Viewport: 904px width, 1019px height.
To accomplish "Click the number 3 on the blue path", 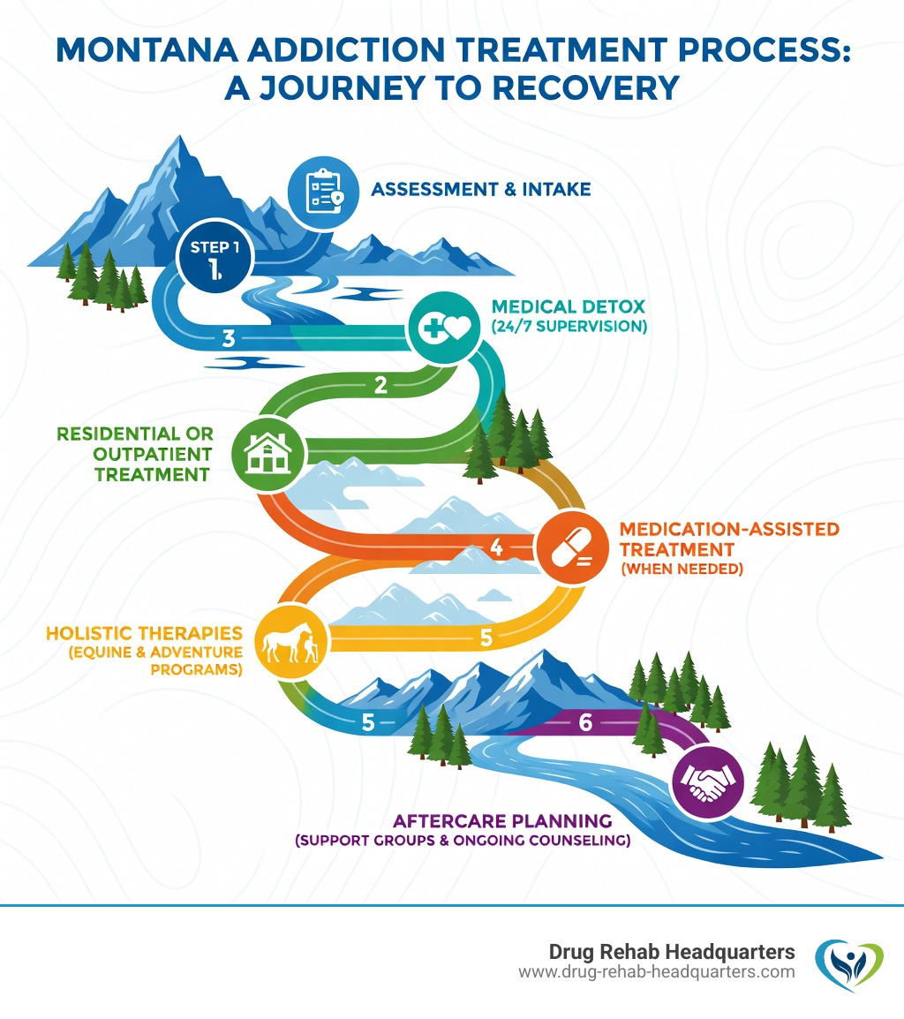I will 229,336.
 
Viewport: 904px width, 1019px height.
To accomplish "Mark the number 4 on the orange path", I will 495,547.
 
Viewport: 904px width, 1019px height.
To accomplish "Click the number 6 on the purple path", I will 584,721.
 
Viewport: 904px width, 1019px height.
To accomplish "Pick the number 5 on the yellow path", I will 485,638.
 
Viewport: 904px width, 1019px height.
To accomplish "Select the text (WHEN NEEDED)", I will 682,569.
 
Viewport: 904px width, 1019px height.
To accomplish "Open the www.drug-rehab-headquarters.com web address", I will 656,972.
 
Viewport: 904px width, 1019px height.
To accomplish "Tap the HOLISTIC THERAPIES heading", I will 143,632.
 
